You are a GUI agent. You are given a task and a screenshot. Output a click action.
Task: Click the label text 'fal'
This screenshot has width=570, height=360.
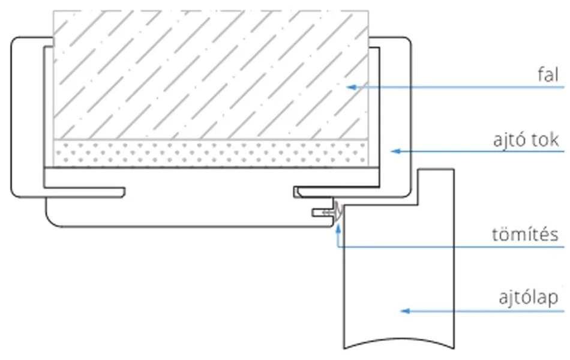(548, 76)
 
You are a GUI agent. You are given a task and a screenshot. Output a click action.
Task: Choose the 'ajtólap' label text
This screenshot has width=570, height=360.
(529, 297)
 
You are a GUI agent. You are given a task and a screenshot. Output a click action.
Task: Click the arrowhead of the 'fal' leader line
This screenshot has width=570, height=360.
(352, 87)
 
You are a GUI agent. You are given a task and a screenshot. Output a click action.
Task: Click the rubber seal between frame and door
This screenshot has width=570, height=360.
(337, 211)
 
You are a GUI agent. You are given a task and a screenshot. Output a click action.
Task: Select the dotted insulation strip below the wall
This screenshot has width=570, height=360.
(210, 154)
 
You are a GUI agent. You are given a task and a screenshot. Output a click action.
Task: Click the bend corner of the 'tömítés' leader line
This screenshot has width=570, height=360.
(338, 247)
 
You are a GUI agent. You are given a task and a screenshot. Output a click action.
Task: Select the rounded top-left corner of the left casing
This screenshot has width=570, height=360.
(16, 42)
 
